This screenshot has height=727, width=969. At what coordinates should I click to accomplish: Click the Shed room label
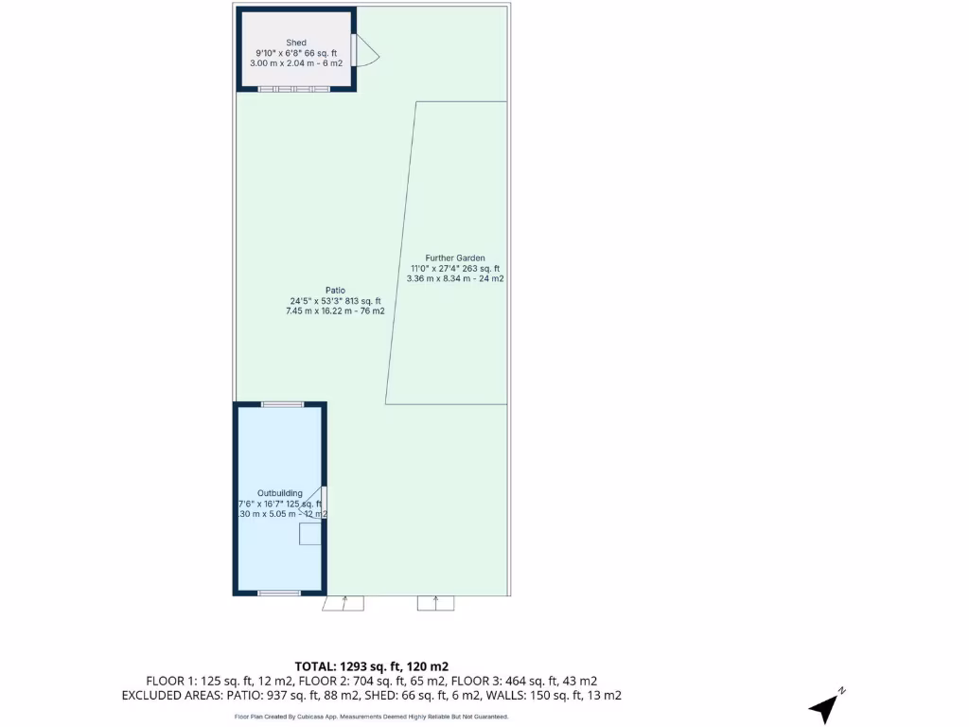point(296,43)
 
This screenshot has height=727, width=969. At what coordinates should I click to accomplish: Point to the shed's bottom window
point(294,89)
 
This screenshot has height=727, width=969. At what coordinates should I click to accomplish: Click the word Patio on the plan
point(335,290)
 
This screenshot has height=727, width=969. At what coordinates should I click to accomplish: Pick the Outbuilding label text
point(280,493)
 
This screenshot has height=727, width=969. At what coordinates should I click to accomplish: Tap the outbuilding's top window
point(283,404)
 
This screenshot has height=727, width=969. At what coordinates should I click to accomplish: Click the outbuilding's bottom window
point(279,594)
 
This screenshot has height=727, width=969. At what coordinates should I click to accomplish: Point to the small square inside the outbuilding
point(310,535)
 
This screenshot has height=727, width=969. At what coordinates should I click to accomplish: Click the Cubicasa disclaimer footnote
point(371,717)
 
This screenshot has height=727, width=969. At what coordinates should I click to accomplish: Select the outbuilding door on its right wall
point(325,502)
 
